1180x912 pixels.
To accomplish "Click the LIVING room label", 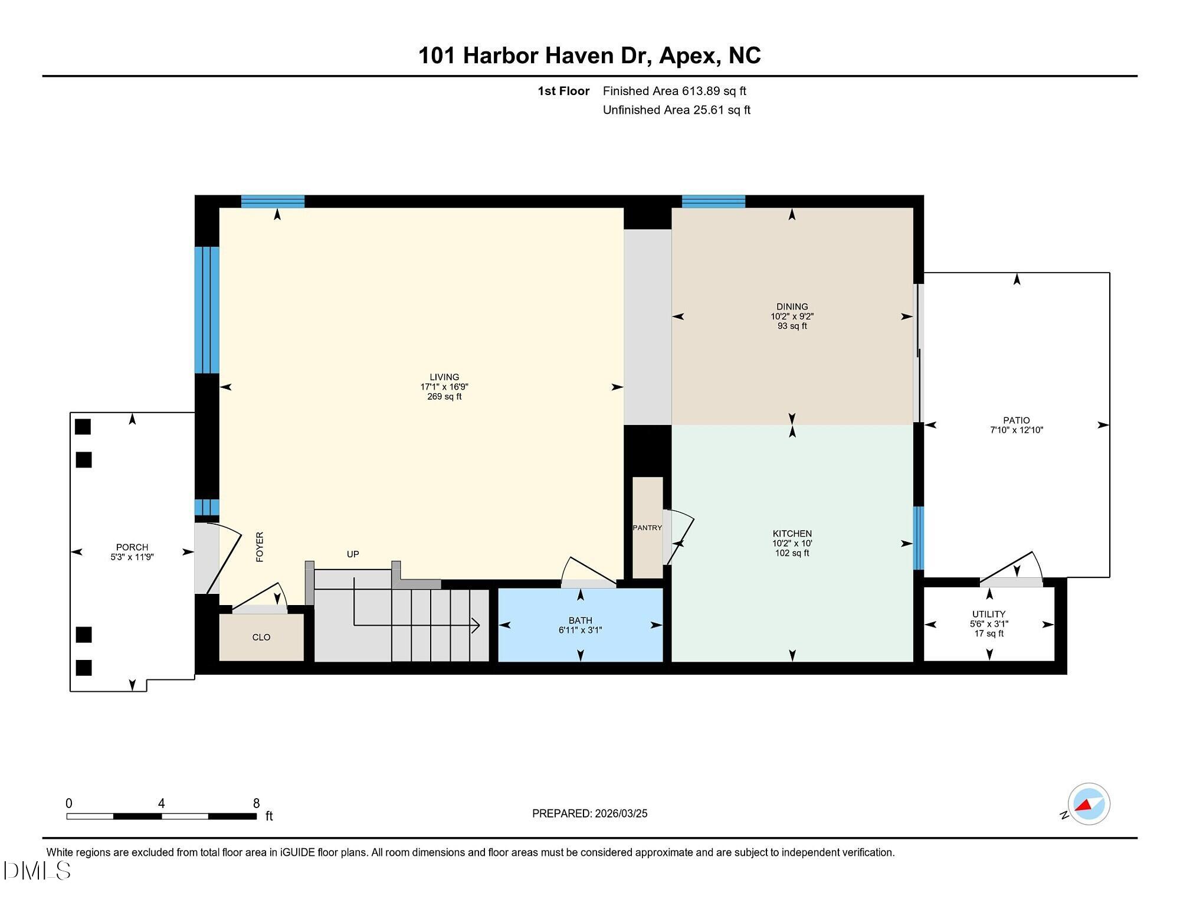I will coord(444,377).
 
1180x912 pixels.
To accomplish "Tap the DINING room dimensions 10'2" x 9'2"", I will coord(792,316).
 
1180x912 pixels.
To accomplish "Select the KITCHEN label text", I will coord(792,534).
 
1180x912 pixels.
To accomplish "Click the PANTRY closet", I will coord(647,528).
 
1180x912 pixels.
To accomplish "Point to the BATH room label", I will coord(580,620).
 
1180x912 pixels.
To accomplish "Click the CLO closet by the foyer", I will coord(261,638).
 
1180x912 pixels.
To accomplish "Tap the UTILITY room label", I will coord(989,614).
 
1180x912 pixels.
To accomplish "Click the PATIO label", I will coord(1016,421).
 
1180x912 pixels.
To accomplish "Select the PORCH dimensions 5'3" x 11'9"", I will coord(132,557).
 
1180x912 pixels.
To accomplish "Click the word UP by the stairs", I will coord(353,554).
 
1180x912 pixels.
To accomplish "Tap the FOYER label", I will coord(260,547).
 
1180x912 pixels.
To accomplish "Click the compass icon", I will coord(1089,804).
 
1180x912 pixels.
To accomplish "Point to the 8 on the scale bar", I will coord(256,803).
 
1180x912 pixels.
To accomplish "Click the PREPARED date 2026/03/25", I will coord(621,813).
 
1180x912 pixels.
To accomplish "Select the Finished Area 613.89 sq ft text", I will coord(674,91).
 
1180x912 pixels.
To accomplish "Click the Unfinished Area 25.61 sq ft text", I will coord(676,110).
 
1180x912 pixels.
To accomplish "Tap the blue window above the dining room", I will coord(713,202).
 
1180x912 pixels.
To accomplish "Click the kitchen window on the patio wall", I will coord(919,538).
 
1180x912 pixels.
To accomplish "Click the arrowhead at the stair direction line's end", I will coord(476,625).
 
